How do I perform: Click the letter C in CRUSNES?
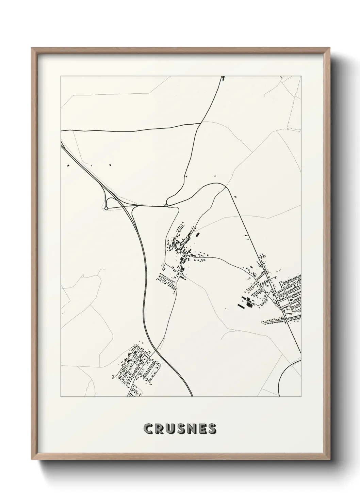[x=148, y=429]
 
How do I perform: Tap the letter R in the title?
[x=159, y=429]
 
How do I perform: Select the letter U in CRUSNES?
[x=171, y=429]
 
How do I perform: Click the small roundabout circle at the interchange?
[x=106, y=208]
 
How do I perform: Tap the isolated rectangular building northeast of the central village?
[x=197, y=235]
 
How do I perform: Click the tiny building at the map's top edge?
[x=223, y=78]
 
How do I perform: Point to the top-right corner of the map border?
[x=301, y=76]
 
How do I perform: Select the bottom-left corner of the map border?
[x=61, y=397]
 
